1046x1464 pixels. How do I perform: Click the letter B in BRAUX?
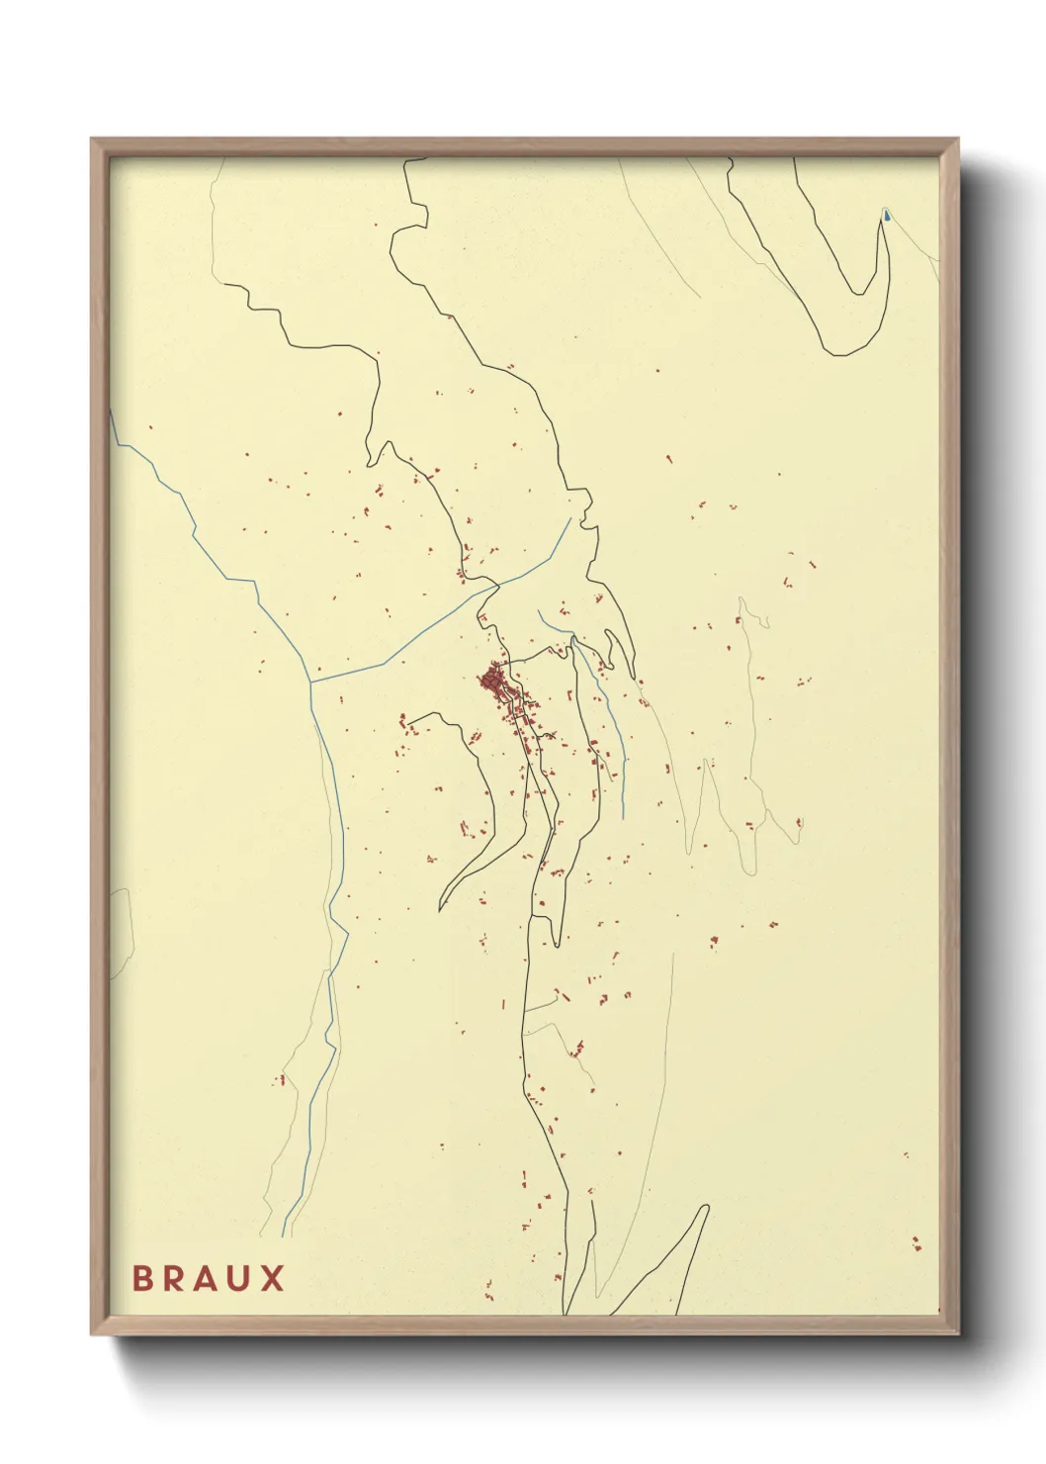click(142, 1278)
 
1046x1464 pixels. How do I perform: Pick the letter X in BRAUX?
click(273, 1278)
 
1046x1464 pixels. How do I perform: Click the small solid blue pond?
click(887, 215)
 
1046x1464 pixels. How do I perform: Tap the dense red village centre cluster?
click(492, 681)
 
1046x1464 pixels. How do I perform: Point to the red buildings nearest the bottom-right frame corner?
click(916, 1243)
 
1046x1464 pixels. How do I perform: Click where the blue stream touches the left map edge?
click(112, 415)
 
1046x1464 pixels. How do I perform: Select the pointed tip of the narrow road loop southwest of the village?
click(441, 908)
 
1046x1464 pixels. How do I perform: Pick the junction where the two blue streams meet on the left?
click(311, 681)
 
